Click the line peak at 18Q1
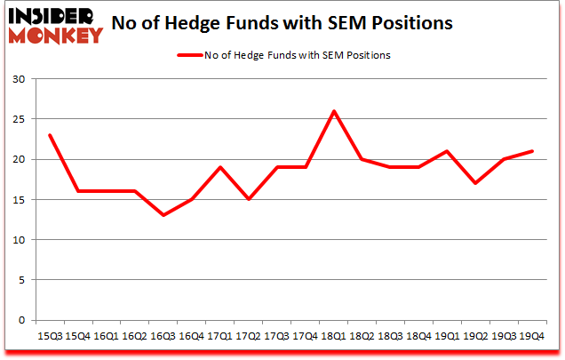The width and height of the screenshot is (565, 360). coord(333,111)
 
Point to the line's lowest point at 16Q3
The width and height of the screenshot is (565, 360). coord(163,215)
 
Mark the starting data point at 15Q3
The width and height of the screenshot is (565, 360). coord(50,135)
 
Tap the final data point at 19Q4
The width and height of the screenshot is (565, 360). coord(531,151)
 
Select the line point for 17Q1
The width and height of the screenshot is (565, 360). coord(219,167)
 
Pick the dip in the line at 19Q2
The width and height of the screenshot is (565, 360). coord(474,183)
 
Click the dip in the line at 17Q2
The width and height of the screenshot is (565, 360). coord(248,199)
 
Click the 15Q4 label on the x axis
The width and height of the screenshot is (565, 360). coord(78,336)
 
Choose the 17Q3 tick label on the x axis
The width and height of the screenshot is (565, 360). coord(276,336)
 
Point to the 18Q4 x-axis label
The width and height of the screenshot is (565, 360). coord(418,336)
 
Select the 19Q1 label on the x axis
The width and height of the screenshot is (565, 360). coord(446,336)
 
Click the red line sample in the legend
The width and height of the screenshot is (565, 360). coord(190,55)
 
